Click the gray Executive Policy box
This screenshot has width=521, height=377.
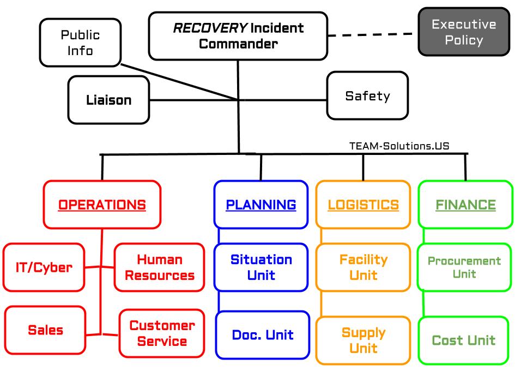(464, 32)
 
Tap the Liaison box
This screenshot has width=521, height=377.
(108, 100)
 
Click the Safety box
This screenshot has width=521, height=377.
(367, 96)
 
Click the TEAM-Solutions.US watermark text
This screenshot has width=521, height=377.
(399, 146)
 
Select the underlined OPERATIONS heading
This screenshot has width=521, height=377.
(102, 205)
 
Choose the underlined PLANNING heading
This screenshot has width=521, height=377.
(261, 205)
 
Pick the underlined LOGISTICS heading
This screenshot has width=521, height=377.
(363, 205)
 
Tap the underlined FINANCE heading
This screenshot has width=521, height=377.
(465, 205)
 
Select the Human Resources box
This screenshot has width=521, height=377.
(159, 267)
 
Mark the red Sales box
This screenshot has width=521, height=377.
(45, 330)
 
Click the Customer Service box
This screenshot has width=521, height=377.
(162, 333)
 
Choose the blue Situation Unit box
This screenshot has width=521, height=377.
(261, 267)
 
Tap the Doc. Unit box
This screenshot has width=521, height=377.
(262, 335)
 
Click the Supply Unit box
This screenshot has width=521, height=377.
(363, 340)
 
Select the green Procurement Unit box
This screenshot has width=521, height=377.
(464, 267)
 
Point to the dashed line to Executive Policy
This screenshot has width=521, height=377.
(373, 35)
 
